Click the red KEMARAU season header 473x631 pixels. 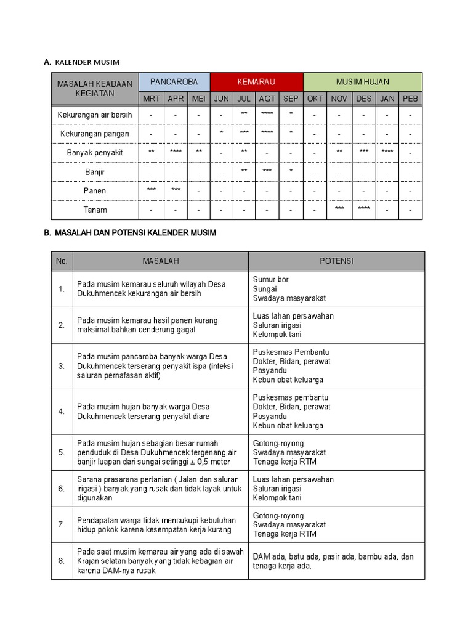click(x=256, y=82)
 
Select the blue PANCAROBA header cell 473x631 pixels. click(x=174, y=82)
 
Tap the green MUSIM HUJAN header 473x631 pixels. click(x=363, y=82)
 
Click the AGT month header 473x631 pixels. click(x=267, y=99)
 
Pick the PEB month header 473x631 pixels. click(x=410, y=99)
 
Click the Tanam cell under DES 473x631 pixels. click(x=363, y=209)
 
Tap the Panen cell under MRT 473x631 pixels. click(x=152, y=190)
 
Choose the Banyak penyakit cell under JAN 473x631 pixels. click(x=387, y=152)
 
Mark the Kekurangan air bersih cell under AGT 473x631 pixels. click(x=267, y=115)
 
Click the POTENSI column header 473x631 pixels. click(x=336, y=261)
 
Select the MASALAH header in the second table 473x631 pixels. click(x=161, y=261)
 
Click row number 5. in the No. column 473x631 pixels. click(x=62, y=452)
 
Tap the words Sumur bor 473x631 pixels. click(x=271, y=280)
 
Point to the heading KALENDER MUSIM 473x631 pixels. click(x=87, y=62)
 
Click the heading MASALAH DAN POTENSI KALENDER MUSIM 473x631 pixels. click(x=135, y=234)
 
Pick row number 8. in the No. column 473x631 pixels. click(x=62, y=561)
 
